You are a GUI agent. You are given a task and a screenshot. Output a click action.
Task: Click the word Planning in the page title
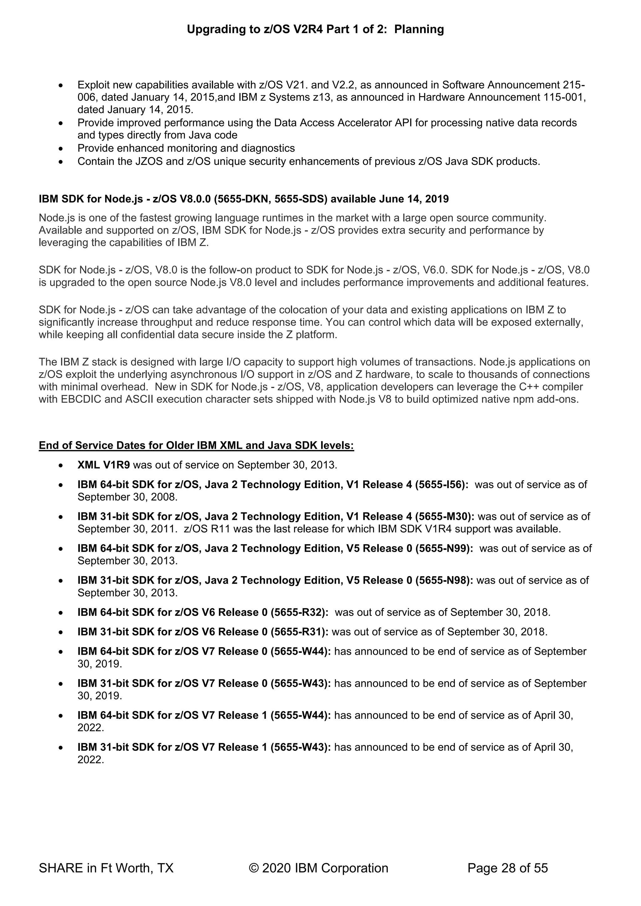[x=419, y=29]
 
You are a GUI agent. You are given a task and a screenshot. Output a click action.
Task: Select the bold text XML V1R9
[x=103, y=465]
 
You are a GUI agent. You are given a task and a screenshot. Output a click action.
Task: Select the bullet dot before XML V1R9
[x=60, y=466]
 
